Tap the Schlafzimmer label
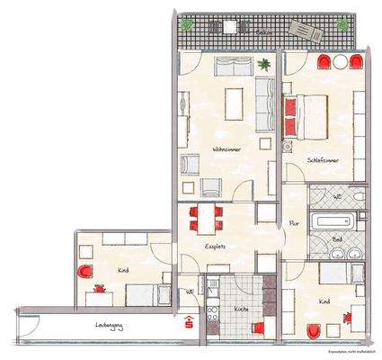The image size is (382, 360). [322, 159]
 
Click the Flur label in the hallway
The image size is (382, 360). [293, 224]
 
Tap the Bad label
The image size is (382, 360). [337, 241]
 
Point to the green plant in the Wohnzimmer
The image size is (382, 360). [264, 65]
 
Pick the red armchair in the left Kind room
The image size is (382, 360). [85, 272]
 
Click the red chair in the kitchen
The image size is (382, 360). [258, 328]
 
